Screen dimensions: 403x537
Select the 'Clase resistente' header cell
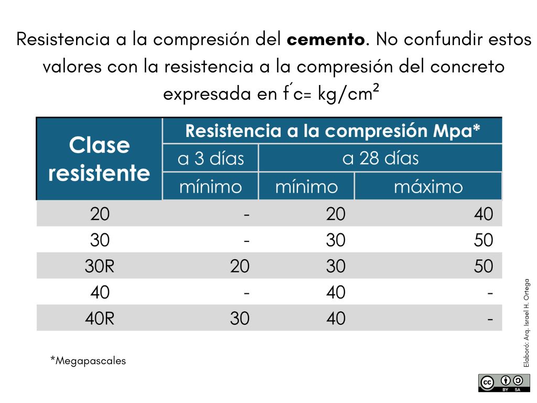tap(99, 159)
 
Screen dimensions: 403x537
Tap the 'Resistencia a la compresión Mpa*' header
tap(332, 131)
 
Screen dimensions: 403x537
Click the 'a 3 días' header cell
tap(211, 158)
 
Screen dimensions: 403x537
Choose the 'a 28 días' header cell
tap(380, 158)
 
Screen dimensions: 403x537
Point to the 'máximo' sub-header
tap(428, 187)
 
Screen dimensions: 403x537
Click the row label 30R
tap(99, 266)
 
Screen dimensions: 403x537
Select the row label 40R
tap(99, 319)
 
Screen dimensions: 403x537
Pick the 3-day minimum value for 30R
tap(240, 266)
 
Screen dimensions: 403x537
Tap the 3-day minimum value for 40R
tap(240, 319)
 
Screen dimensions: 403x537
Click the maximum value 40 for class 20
tap(483, 214)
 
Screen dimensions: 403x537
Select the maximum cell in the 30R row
tap(483, 266)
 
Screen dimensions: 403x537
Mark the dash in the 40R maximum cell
tap(490, 319)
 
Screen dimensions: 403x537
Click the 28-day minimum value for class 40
tap(336, 292)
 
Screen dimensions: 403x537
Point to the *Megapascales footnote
tap(88, 361)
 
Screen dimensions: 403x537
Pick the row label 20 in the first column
tap(100, 214)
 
